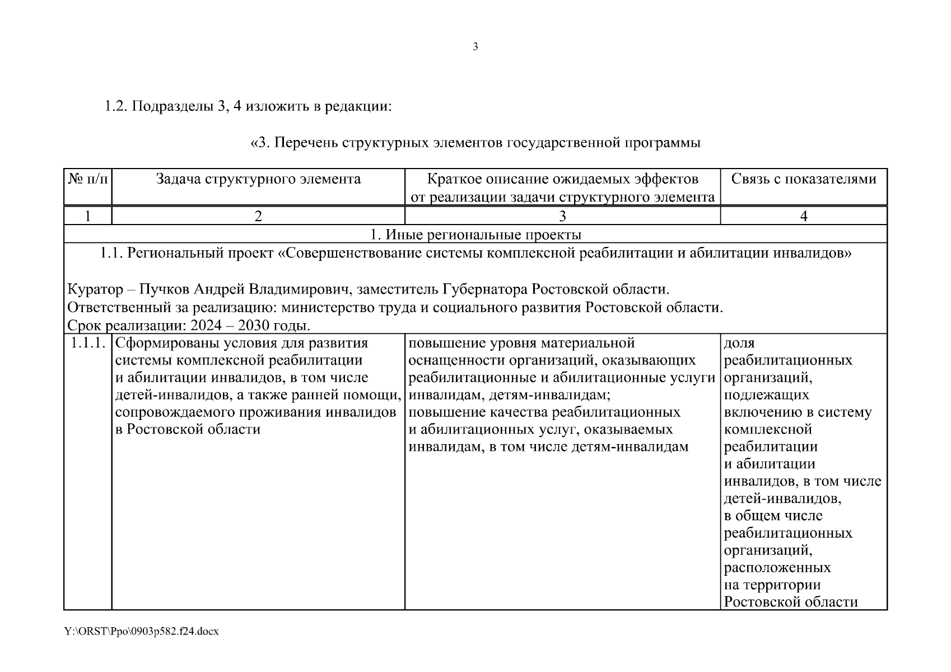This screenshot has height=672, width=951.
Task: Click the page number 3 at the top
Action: point(475,47)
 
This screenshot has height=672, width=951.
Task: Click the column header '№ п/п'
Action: point(88,179)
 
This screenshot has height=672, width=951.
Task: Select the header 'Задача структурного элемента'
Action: point(258,179)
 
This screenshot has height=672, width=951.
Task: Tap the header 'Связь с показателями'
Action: point(804,179)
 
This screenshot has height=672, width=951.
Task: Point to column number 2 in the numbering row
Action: point(258,216)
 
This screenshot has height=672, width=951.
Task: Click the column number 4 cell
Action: point(804,216)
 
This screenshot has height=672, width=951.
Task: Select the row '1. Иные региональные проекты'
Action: point(475,235)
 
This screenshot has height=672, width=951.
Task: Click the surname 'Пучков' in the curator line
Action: point(164,290)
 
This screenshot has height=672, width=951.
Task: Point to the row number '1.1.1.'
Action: point(88,343)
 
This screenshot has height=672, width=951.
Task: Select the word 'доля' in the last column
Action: point(739,343)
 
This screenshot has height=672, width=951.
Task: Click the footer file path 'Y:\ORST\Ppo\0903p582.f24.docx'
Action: point(141,632)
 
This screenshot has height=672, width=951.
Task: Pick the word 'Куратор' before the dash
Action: point(95,290)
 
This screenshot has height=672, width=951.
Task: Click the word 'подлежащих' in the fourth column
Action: point(766,395)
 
